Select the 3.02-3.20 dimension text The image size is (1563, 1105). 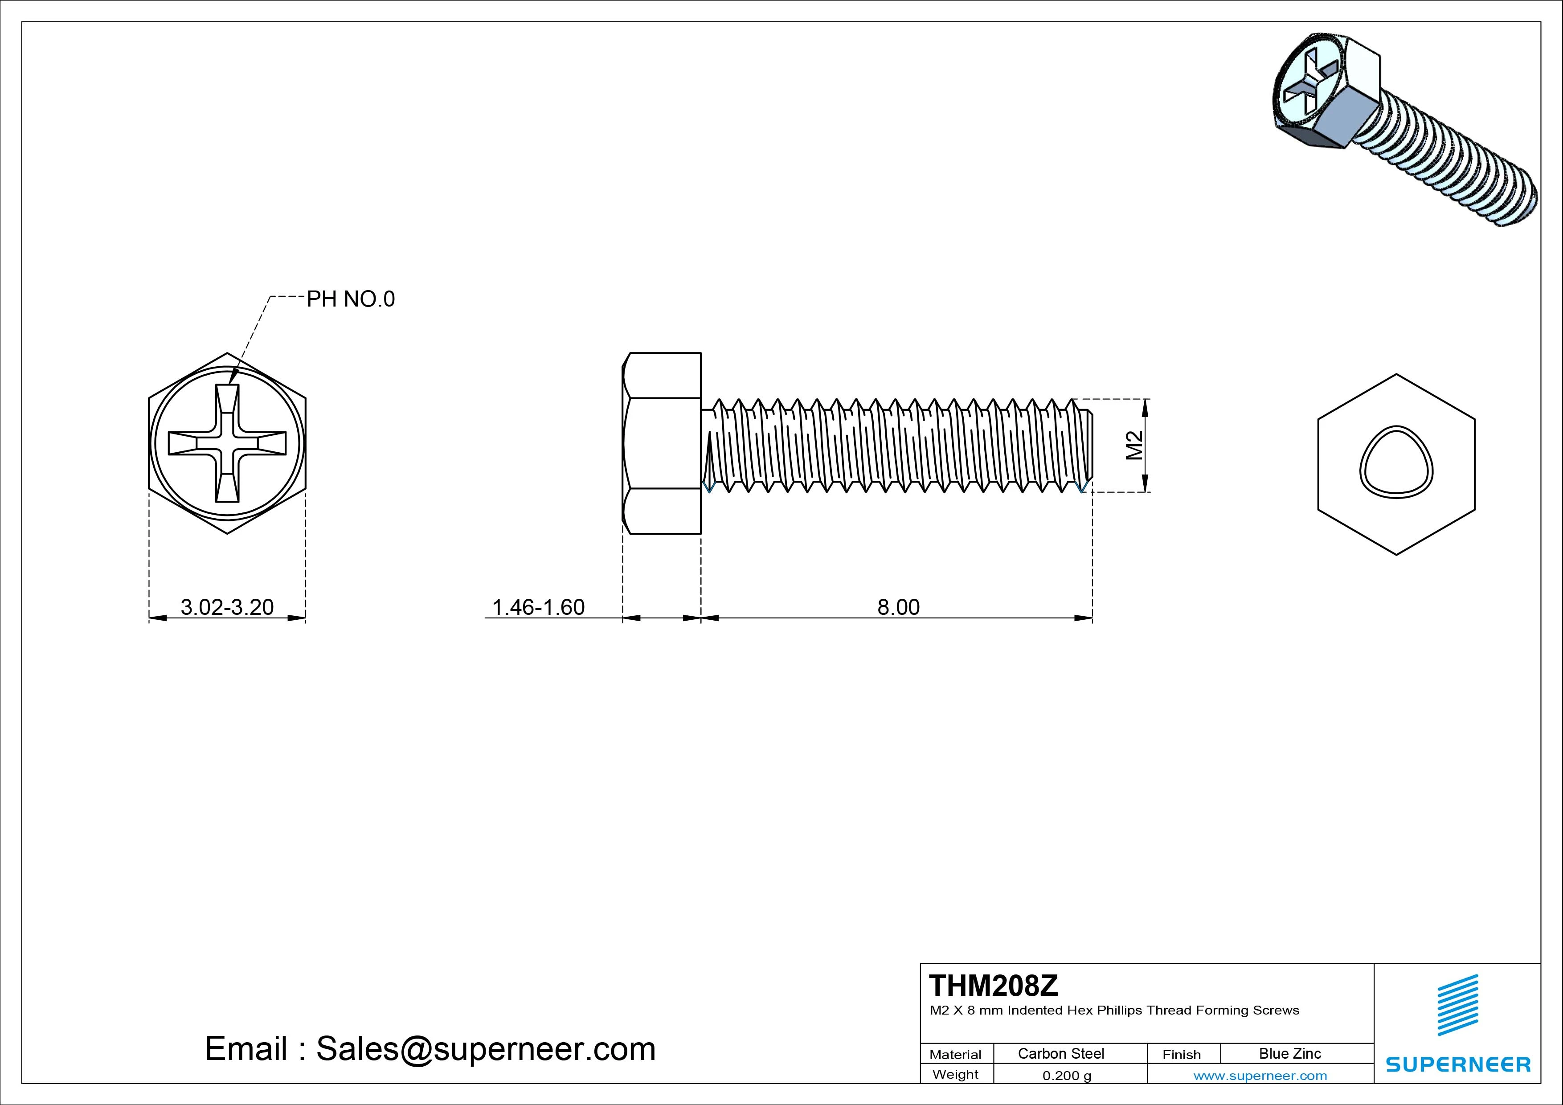pos(227,606)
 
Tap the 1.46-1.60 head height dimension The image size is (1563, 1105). pos(538,606)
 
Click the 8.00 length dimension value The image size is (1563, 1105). pos(898,606)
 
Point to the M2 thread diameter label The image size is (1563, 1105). pos(1134,445)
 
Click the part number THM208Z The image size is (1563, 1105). pos(993,985)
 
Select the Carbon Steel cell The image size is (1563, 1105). pos(1060,1053)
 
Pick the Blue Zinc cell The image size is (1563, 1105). pos(1289,1053)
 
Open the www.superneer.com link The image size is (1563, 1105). pos(1260,1076)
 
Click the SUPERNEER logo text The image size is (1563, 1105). pos(1457,1064)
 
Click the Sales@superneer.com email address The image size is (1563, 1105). pos(485,1048)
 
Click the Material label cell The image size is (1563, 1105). pos(955,1054)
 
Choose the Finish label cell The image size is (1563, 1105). pos(1181,1054)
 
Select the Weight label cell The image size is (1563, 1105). pos(955,1074)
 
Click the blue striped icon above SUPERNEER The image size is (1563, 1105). pos(1457,1005)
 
